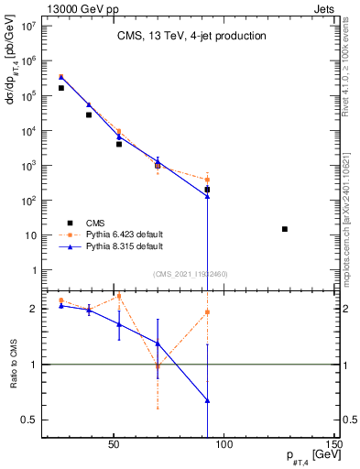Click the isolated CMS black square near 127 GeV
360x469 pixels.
pyautogui.click(x=285, y=229)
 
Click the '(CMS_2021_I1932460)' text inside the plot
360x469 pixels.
pyautogui.click(x=191, y=274)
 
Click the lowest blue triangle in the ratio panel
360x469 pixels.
pyautogui.click(x=208, y=400)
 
